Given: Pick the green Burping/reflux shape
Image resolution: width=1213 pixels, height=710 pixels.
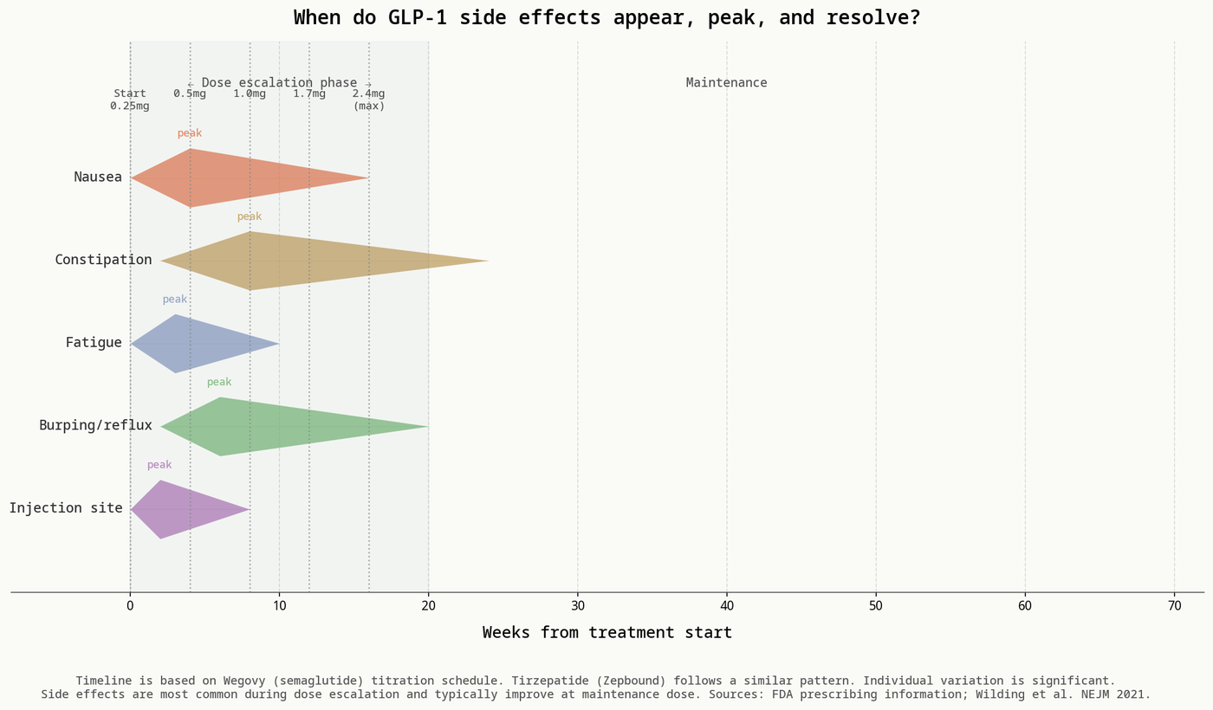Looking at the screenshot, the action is click(260, 426).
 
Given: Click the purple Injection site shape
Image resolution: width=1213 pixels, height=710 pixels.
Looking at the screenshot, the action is click(178, 509).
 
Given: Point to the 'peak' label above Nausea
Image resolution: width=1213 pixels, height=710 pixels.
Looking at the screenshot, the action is click(190, 133).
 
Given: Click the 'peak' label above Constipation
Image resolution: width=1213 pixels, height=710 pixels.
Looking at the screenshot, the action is click(250, 216).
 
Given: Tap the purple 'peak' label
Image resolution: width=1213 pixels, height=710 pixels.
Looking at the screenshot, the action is click(159, 465).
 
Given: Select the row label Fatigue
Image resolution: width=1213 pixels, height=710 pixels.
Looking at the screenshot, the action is click(94, 343).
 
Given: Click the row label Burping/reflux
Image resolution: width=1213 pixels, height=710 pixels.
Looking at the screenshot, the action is click(95, 425).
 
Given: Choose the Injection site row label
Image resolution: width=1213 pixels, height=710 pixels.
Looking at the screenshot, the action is click(66, 508).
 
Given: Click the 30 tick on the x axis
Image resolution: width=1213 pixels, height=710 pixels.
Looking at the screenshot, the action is click(578, 606).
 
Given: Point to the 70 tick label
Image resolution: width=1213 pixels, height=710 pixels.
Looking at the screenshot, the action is click(1175, 606).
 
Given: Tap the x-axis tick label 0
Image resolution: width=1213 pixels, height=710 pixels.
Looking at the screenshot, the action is click(130, 606).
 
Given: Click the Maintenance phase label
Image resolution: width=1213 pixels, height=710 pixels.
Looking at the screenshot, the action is click(726, 83).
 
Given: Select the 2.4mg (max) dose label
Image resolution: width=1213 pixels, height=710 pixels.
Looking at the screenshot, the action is click(369, 100).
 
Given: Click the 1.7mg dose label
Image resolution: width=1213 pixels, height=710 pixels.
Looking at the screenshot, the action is click(309, 94).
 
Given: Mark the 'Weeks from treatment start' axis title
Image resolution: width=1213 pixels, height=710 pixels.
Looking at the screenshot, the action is click(607, 633).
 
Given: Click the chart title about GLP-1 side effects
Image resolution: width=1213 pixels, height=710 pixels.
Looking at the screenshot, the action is click(607, 18).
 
